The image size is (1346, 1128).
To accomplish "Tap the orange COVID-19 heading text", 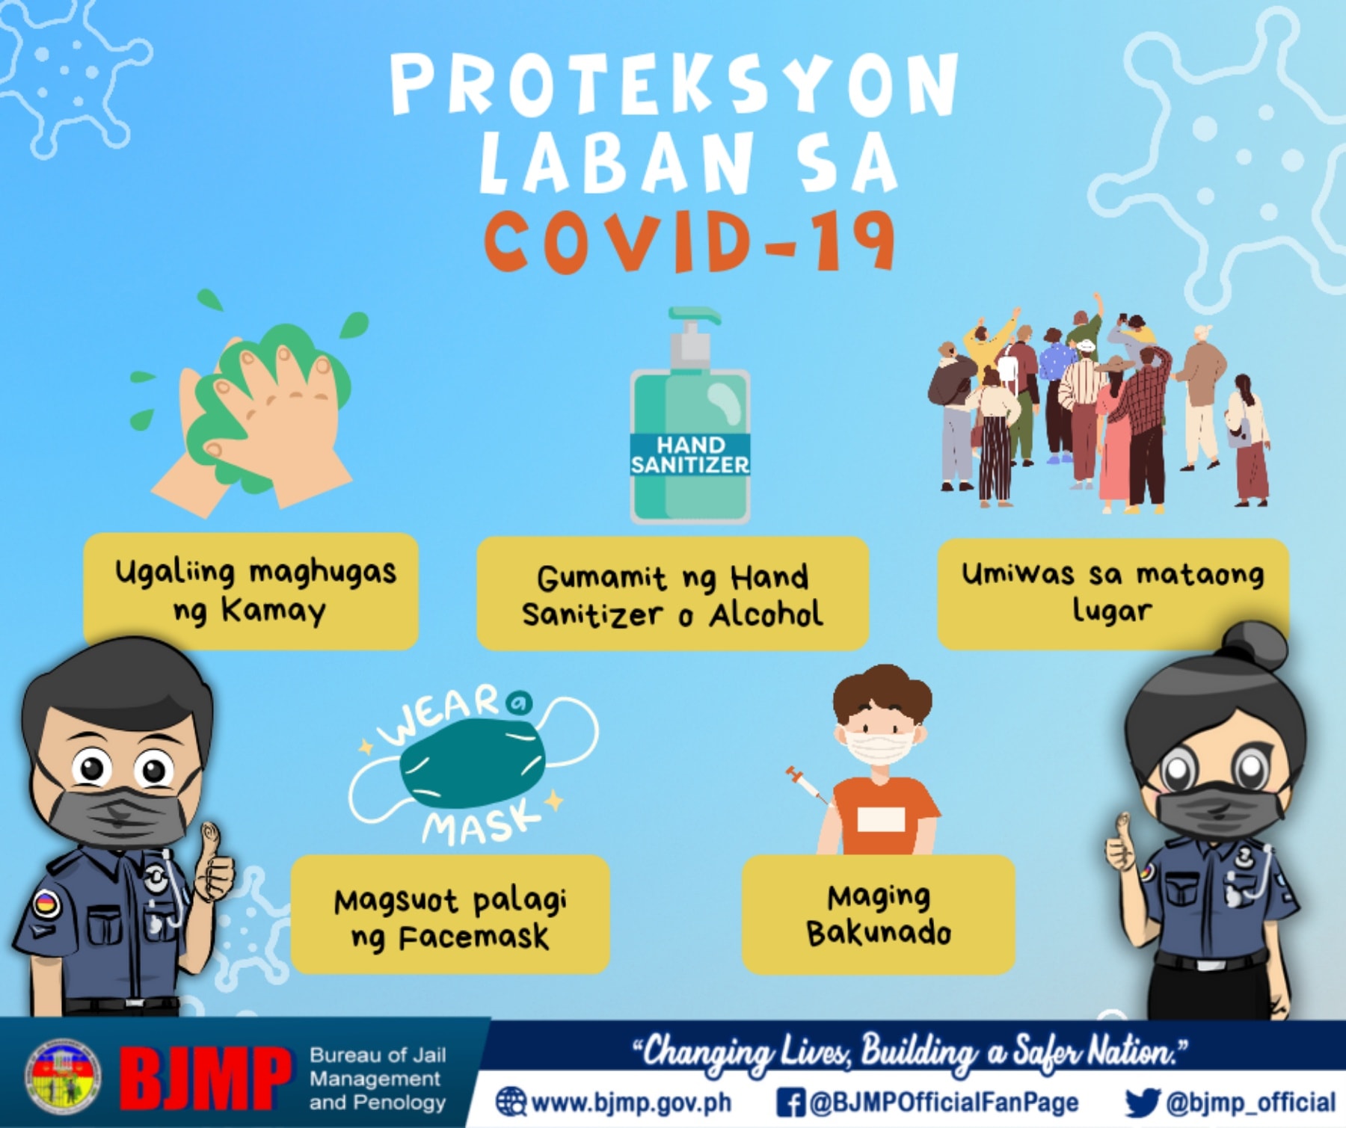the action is (689, 241).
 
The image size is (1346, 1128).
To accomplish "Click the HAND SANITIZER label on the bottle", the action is (689, 454).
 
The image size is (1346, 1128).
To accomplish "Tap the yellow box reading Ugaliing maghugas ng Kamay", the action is (251, 591).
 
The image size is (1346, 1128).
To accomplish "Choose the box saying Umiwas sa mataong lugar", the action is (1113, 594).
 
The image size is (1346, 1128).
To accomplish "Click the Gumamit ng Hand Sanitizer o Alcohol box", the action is (672, 594).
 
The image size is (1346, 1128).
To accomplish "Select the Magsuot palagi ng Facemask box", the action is (450, 914).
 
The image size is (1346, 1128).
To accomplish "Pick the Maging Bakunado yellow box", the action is (879, 914).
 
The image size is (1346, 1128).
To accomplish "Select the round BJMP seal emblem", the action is (63, 1076).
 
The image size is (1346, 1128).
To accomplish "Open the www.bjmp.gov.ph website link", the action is (613, 1102).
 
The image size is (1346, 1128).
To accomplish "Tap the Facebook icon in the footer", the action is (790, 1103).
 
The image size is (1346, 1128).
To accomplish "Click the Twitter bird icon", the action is (1142, 1103).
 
